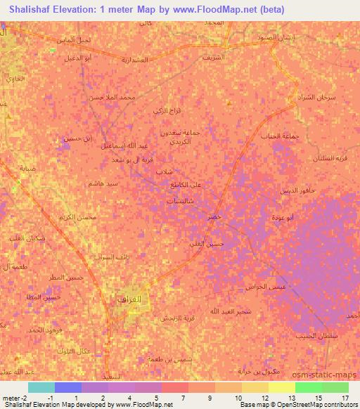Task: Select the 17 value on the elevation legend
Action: (345, 397)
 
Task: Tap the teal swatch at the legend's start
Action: (41, 387)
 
